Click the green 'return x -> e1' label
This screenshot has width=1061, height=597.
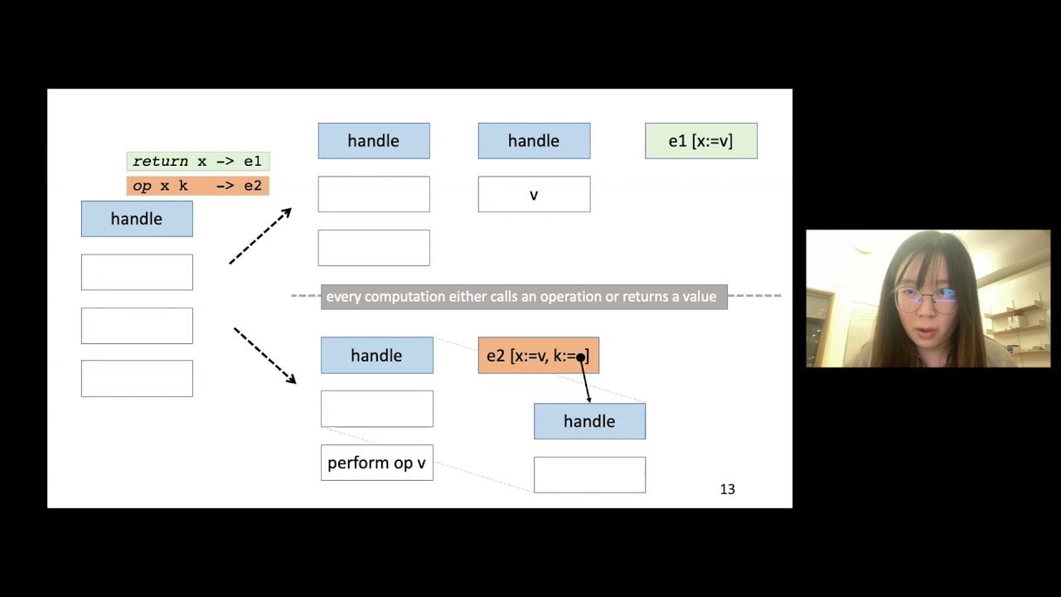198,162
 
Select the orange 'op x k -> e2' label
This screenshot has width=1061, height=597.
198,186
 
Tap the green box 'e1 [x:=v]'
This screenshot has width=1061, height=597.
700,141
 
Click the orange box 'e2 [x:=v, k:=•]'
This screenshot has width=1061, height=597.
538,356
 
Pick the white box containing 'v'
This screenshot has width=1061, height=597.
534,195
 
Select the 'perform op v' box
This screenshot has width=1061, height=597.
376,463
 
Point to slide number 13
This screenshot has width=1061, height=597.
727,489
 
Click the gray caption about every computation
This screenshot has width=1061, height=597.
523,296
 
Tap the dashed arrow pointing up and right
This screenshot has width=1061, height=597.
260,236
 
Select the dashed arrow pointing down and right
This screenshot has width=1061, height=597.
264,355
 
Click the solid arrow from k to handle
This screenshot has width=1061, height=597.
585,380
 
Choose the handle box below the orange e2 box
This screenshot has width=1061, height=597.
589,421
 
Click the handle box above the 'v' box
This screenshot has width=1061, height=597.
534,141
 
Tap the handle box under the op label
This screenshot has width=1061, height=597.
137,219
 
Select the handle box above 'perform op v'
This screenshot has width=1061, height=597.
376,356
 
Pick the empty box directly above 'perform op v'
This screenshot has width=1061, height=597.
376,409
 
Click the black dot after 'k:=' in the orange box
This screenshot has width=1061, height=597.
581,357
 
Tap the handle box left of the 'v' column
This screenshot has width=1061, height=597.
374,141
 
